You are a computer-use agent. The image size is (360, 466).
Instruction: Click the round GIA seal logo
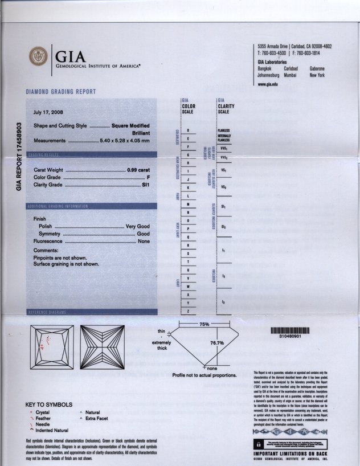click(x=39, y=56)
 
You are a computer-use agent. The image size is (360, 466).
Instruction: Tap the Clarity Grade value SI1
click(x=145, y=185)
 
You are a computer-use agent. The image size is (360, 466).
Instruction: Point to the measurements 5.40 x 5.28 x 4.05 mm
click(x=125, y=140)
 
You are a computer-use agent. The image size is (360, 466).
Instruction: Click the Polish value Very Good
click(x=137, y=227)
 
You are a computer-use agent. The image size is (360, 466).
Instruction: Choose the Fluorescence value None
click(x=144, y=242)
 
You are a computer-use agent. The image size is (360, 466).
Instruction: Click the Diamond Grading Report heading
click(x=61, y=92)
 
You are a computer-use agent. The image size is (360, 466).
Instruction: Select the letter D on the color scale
click(x=188, y=132)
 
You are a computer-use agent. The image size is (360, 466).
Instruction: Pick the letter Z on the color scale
click(x=188, y=310)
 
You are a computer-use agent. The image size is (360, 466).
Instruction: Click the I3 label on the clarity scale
click(x=224, y=301)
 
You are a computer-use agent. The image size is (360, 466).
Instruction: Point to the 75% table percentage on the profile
click(x=204, y=324)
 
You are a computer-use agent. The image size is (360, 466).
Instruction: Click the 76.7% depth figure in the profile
click(x=216, y=343)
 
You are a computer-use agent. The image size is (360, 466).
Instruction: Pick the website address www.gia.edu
click(x=268, y=84)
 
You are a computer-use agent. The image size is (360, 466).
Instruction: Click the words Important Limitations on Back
click(x=291, y=453)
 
